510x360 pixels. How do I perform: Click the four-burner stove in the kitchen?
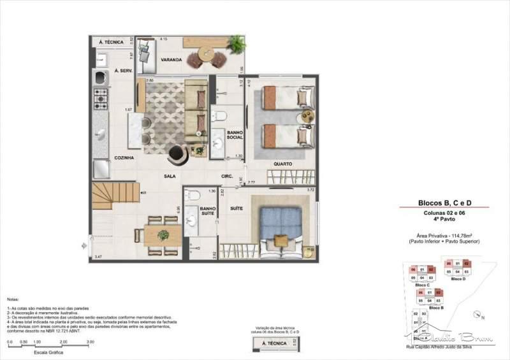tap(101, 97)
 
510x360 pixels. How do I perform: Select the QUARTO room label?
tap(282, 164)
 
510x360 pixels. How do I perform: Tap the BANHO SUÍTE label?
tap(207, 211)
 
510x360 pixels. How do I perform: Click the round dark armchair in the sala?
tap(177, 154)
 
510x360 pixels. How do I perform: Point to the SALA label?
tap(170, 176)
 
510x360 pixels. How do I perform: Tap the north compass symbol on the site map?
tap(478, 313)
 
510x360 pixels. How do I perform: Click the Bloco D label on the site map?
tap(458, 279)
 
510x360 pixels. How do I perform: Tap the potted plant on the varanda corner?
tap(237, 43)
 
